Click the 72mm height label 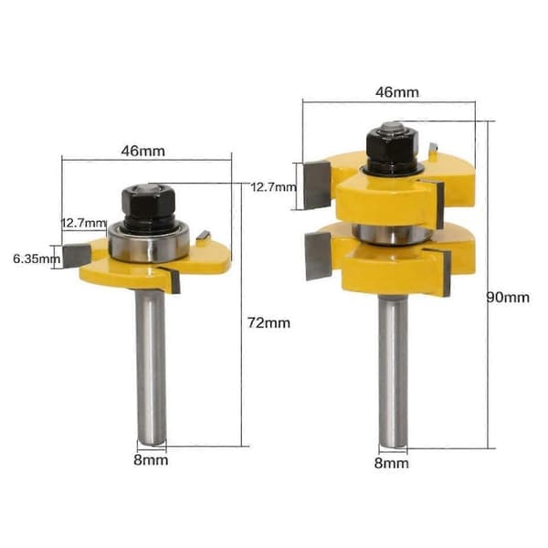[x=269, y=322]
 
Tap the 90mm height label [x=508, y=297]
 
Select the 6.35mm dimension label [x=37, y=259]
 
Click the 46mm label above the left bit [x=143, y=151]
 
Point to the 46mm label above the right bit [x=397, y=92]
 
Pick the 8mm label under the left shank [x=151, y=460]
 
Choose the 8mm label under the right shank [x=392, y=463]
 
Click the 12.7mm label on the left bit [x=84, y=223]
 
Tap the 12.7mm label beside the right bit [x=274, y=187]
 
